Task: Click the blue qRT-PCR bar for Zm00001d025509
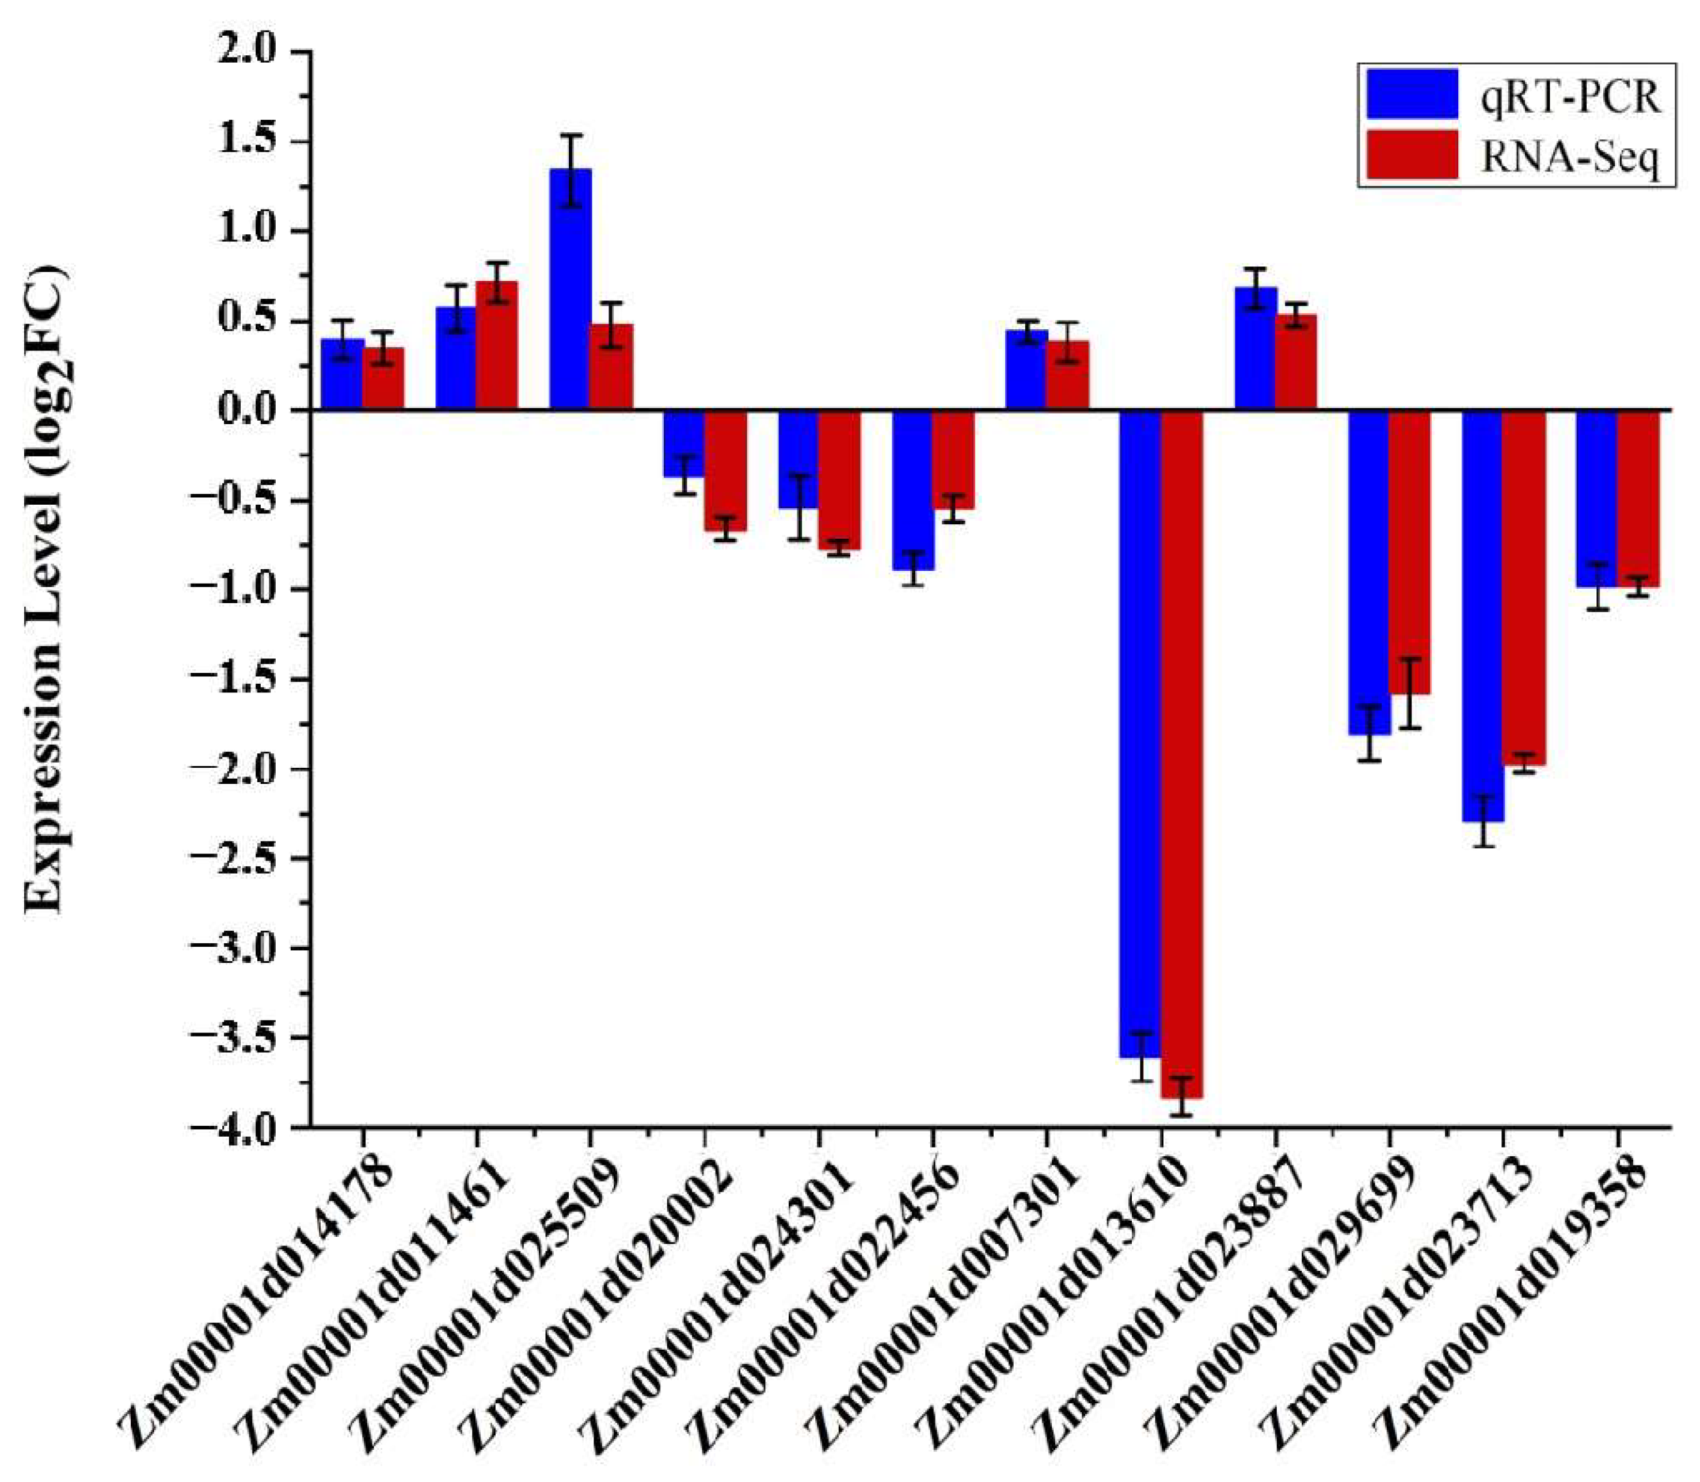pos(570,289)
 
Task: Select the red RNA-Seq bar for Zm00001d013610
pos(1181,753)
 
